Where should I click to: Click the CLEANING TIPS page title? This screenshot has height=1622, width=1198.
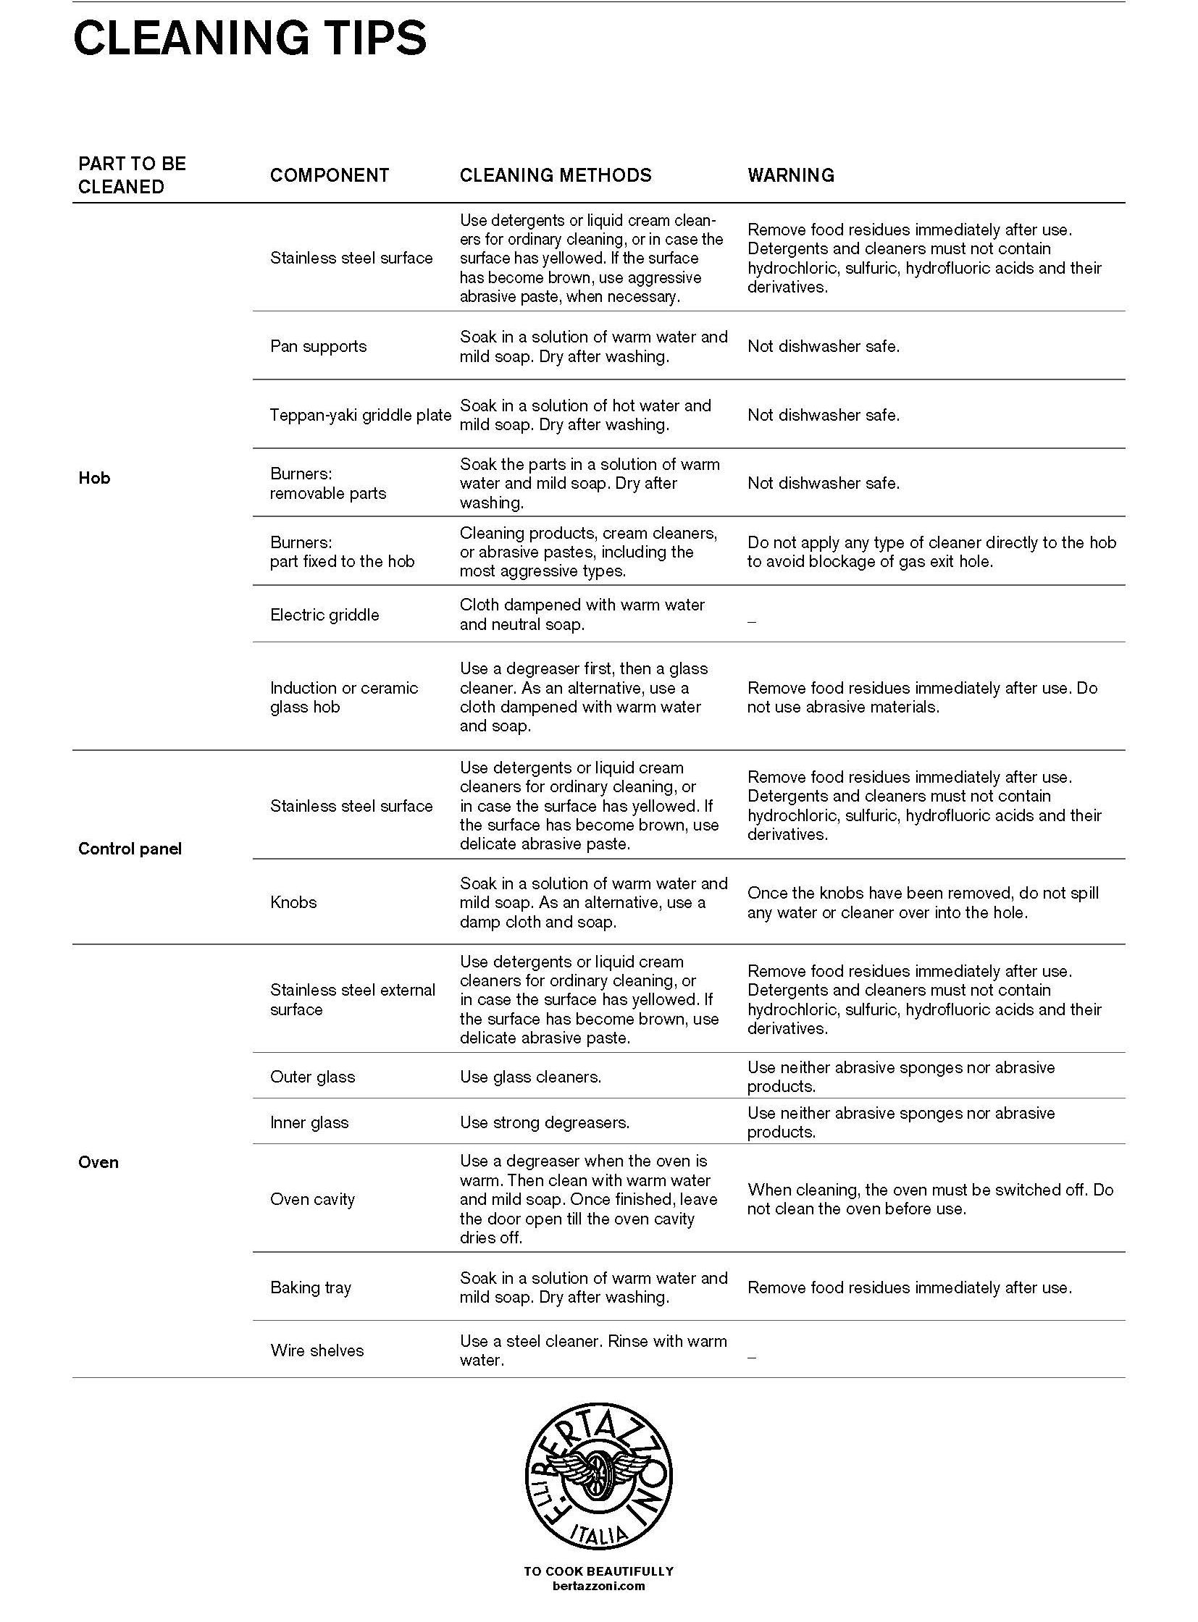tap(249, 38)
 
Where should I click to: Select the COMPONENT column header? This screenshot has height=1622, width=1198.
tap(330, 175)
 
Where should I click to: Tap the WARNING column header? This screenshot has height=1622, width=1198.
tap(790, 175)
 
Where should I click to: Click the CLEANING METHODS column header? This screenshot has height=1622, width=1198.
tap(555, 175)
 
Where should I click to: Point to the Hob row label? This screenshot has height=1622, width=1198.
tap(94, 478)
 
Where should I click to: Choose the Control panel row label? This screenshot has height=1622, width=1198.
tap(130, 849)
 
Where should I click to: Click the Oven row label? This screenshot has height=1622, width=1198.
tap(98, 1162)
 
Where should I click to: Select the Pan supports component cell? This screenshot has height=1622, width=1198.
tap(319, 347)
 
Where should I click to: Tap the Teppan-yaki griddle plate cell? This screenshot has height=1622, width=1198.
tap(360, 416)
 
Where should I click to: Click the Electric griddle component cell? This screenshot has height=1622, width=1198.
tap(324, 615)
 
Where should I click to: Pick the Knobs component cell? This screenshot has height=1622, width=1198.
tap(293, 903)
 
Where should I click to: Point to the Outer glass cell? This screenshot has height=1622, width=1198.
tap(313, 1077)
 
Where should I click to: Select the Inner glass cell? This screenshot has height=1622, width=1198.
tap(309, 1123)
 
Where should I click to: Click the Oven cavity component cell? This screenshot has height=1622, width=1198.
tap(313, 1199)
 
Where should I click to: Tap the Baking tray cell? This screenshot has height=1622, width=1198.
tap(311, 1287)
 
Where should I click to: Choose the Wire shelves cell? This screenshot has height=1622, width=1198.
tap(317, 1350)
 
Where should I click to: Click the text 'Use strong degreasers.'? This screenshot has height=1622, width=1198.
tap(544, 1123)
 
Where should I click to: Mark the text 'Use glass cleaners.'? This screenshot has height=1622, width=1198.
tap(530, 1077)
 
